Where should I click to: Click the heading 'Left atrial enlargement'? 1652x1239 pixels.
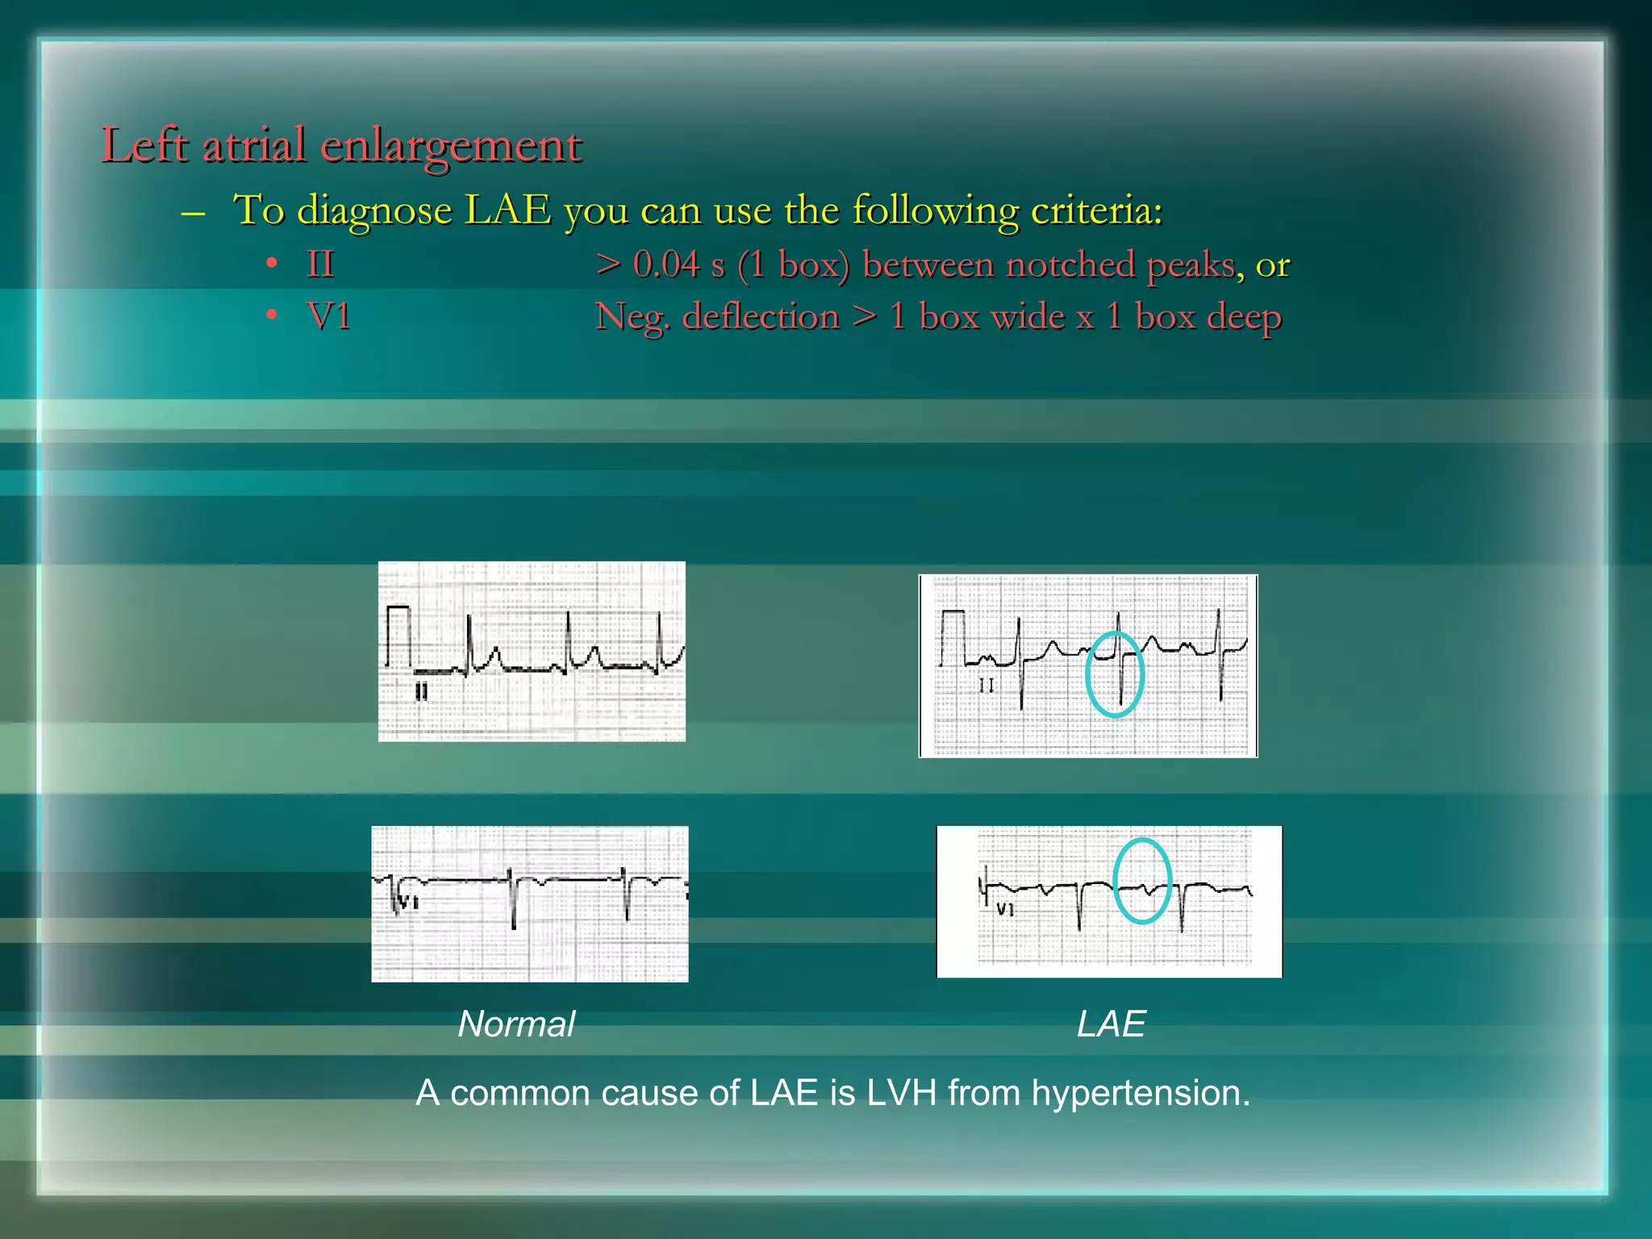[341, 146]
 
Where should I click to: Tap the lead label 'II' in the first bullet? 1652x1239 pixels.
[320, 265]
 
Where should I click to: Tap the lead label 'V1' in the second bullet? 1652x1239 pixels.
[329, 316]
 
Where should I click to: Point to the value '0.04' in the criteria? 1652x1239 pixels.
[666, 265]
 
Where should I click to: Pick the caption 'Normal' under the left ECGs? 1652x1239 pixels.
[516, 1024]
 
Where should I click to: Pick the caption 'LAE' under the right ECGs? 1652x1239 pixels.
[1111, 1024]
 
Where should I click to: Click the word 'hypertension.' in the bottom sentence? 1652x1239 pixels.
[1140, 1094]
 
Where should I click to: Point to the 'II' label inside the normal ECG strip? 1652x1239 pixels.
[421, 692]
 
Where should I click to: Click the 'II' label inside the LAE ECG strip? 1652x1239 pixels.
[986, 686]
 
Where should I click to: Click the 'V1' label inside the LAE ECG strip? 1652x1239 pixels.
[1004, 910]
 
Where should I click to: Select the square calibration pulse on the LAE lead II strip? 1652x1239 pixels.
[953, 636]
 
